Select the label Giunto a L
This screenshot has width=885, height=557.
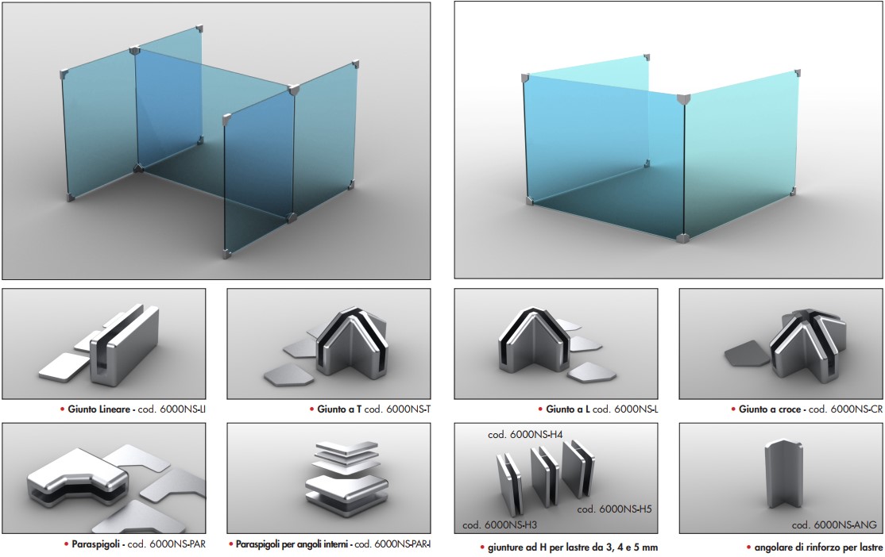[x=568, y=409]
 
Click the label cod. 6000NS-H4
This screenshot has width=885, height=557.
[x=525, y=435]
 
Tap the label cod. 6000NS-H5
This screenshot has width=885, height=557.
[x=614, y=509]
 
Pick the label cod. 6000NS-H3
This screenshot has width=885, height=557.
[x=500, y=525]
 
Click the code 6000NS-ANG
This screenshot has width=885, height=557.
[x=833, y=525]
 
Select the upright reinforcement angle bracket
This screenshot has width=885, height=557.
[x=783, y=474]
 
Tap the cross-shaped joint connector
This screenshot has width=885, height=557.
[x=810, y=344]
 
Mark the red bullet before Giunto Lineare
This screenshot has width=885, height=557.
[x=63, y=409]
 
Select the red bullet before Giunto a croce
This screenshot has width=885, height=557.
[x=733, y=409]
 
